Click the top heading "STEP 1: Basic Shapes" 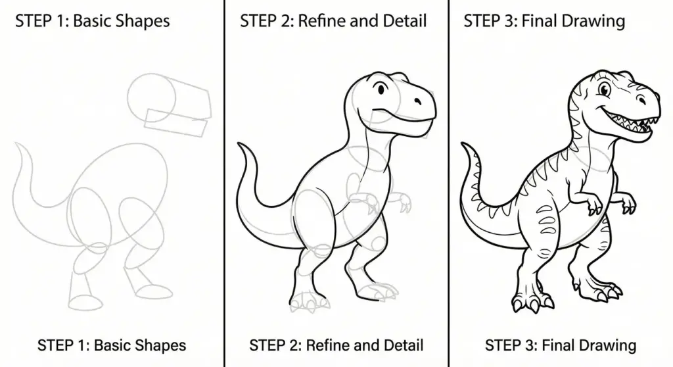coord(92,21)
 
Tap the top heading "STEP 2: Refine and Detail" coord(333,21)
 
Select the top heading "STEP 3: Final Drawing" coord(544,21)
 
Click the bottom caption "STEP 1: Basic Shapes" coord(112,345)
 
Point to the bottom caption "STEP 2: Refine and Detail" coord(336,345)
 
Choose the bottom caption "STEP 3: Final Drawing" coord(561,345)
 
